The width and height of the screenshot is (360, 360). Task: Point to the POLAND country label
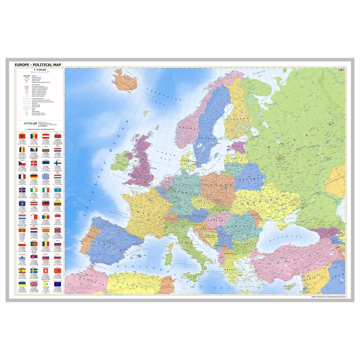(218, 186)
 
